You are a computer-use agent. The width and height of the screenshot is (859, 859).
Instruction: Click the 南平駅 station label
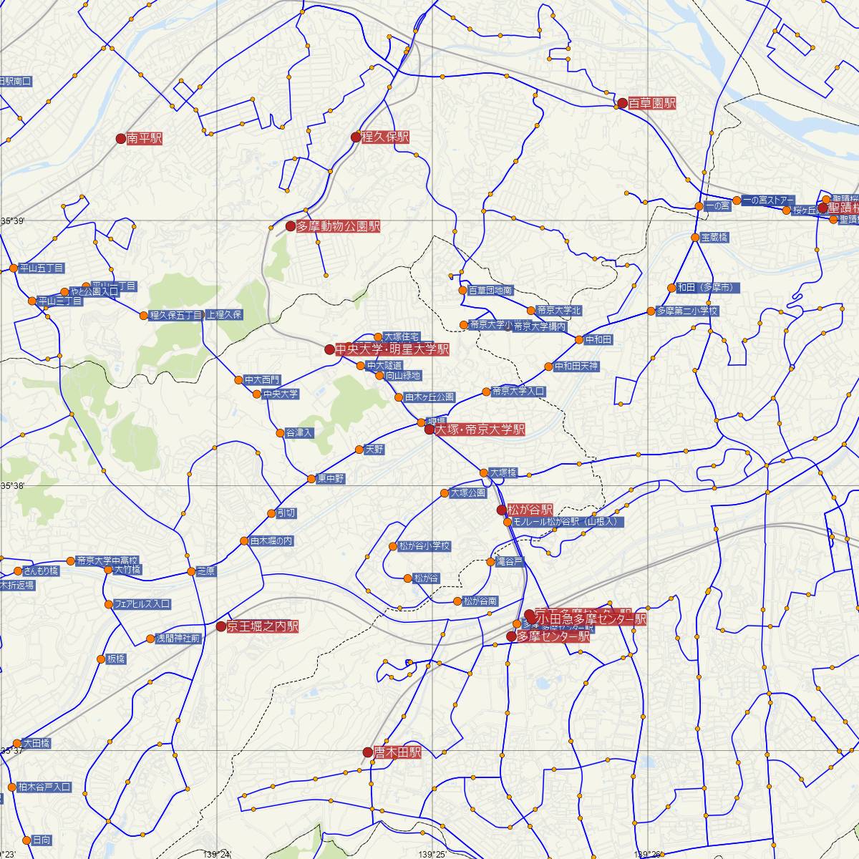(144, 139)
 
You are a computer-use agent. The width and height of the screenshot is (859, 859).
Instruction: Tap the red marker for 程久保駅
(356, 137)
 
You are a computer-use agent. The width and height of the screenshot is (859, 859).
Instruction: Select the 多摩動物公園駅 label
(337, 226)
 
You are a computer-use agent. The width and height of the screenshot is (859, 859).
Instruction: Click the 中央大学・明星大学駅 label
(392, 349)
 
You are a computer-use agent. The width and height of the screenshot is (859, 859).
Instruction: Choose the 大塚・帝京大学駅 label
(480, 429)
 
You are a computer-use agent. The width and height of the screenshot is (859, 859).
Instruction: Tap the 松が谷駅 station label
(529, 510)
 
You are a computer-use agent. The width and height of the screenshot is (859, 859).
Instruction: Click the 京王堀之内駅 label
(262, 626)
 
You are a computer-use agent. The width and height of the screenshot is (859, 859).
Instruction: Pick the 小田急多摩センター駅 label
(591, 619)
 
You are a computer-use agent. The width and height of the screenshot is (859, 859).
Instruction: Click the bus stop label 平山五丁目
(42, 268)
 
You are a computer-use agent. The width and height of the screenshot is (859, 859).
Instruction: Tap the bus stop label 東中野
(331, 478)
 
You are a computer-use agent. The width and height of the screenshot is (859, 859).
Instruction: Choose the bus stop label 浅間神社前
(178, 639)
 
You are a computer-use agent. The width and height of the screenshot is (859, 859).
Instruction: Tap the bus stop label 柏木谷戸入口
(44, 787)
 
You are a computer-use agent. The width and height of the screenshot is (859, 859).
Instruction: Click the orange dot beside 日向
(26, 840)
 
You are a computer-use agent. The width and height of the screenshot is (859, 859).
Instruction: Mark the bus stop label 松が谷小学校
(424, 546)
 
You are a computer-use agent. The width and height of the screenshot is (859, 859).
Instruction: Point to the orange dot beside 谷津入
(280, 433)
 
